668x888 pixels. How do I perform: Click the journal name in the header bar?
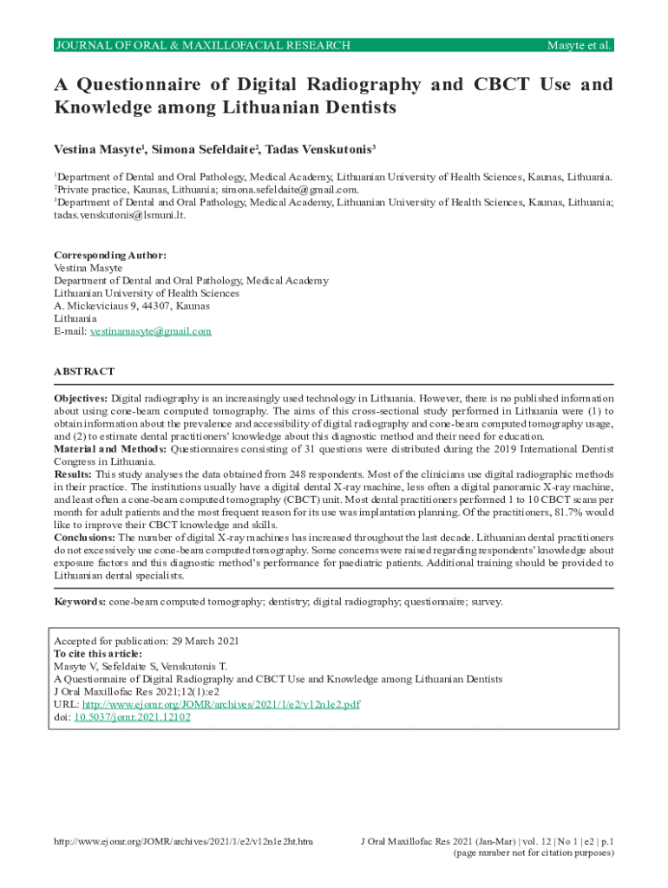pos(202,45)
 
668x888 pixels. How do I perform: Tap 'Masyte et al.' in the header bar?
pos(577,45)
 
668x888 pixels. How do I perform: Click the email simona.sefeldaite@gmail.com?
pos(290,189)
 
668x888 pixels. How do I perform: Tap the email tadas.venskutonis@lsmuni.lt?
pos(120,214)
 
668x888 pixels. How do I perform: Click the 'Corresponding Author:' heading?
pos(110,256)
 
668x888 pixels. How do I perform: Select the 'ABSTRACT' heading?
pos(84,371)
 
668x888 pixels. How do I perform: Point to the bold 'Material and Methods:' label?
pos(110,449)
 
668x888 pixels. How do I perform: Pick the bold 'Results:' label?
pos(73,475)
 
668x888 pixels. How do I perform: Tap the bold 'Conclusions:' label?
pos(85,539)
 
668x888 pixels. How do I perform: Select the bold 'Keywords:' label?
pos(80,601)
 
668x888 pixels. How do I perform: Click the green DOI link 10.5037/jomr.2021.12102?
pos(132,717)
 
